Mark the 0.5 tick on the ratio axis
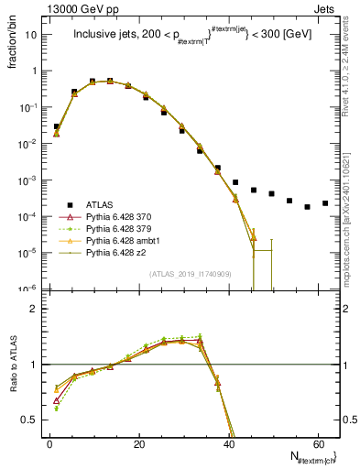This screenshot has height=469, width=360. tap(33, 420)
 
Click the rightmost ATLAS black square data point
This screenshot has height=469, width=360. tap(325, 203)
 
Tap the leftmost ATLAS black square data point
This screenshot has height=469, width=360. tap(57, 126)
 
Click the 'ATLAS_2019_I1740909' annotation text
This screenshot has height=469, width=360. tap(191, 273)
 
